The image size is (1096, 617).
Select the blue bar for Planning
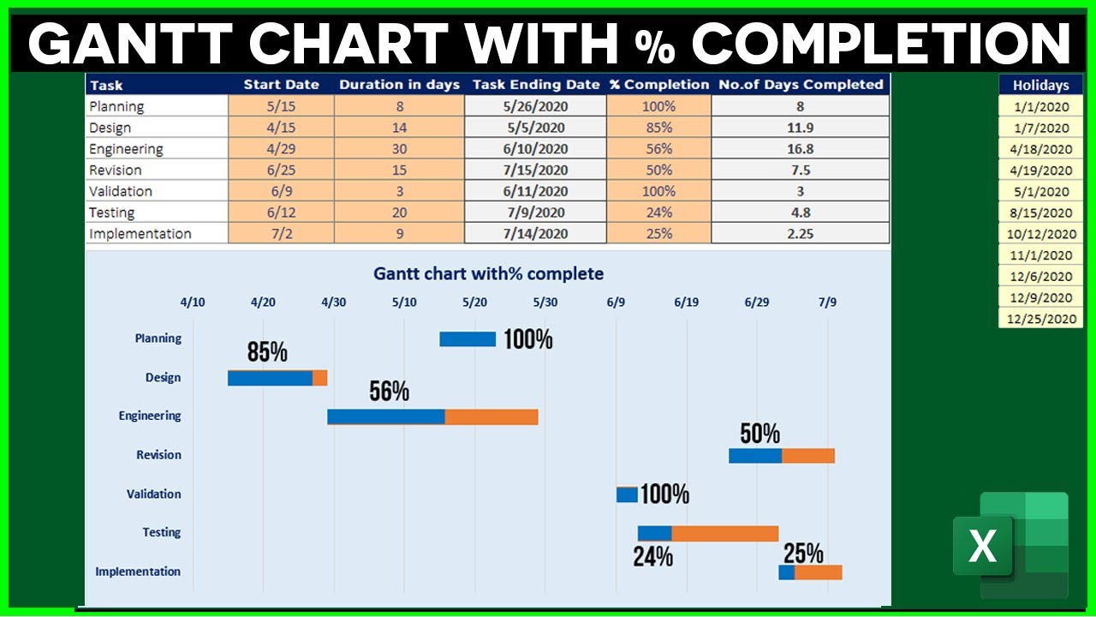(x=468, y=339)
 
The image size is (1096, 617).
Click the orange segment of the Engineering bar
(x=491, y=416)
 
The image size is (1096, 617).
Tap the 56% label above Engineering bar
(x=389, y=392)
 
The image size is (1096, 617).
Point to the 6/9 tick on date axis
(x=616, y=302)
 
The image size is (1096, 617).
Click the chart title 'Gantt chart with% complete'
(x=488, y=274)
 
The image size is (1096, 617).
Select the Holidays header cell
(x=1040, y=85)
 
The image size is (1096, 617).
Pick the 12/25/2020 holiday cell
(x=1040, y=319)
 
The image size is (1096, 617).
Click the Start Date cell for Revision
(x=281, y=170)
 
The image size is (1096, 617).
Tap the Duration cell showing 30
(x=399, y=149)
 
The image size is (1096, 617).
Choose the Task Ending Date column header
(x=535, y=85)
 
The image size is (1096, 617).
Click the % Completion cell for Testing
(x=658, y=213)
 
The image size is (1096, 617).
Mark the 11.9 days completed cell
(x=800, y=128)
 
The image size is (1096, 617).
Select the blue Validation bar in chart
(x=627, y=494)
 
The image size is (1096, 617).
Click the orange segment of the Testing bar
(x=724, y=534)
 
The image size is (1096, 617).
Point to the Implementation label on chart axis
(x=138, y=572)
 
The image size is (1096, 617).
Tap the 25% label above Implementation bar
(x=803, y=553)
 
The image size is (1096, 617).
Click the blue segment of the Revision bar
(x=754, y=456)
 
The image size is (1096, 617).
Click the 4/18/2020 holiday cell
(x=1040, y=149)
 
